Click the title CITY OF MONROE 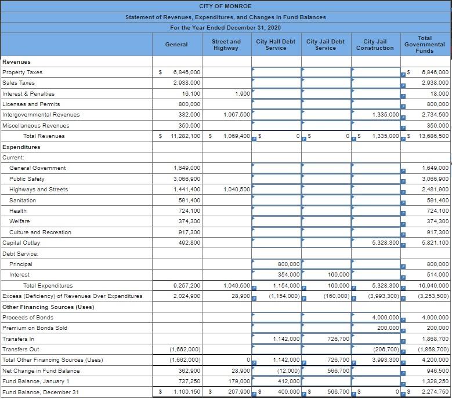pos(225,6)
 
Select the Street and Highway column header pos(226,45)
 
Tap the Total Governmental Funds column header pos(425,45)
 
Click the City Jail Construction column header pos(375,45)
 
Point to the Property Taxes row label pos(23,72)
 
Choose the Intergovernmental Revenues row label pos(41,115)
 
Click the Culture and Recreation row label pos(41,232)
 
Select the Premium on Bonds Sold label pos(35,328)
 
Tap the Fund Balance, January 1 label pos(36,381)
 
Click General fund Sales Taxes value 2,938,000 pos(187,83)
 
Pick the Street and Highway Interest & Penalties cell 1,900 pos(243,93)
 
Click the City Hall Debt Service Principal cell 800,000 pos(289,264)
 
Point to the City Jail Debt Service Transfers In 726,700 pos(338,339)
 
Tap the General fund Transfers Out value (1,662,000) pos(185,350)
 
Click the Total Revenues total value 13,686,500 pos(433,136)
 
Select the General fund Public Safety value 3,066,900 pos(187,179)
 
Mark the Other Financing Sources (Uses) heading pos(48,307)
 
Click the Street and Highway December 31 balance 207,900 pos(238,392)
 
